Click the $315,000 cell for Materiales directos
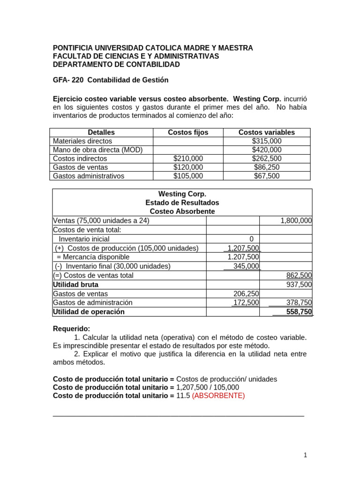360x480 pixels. [x=266, y=141]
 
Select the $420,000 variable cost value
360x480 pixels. [x=266, y=150]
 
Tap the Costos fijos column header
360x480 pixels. [x=188, y=132]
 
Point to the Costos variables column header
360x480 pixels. [x=266, y=132]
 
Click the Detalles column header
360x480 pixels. [x=101, y=132]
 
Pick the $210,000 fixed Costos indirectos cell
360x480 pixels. [x=188, y=158]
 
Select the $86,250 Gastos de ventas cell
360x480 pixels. [x=266, y=167]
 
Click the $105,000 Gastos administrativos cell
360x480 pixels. [x=188, y=176]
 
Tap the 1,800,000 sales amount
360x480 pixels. [x=296, y=221]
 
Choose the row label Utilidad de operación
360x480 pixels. [x=89, y=312]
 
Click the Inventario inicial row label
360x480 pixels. [x=84, y=239]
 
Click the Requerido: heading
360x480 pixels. [x=71, y=329]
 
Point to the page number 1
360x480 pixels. [x=305, y=455]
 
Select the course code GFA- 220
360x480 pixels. [x=68, y=80]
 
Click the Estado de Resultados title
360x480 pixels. [x=182, y=202]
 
